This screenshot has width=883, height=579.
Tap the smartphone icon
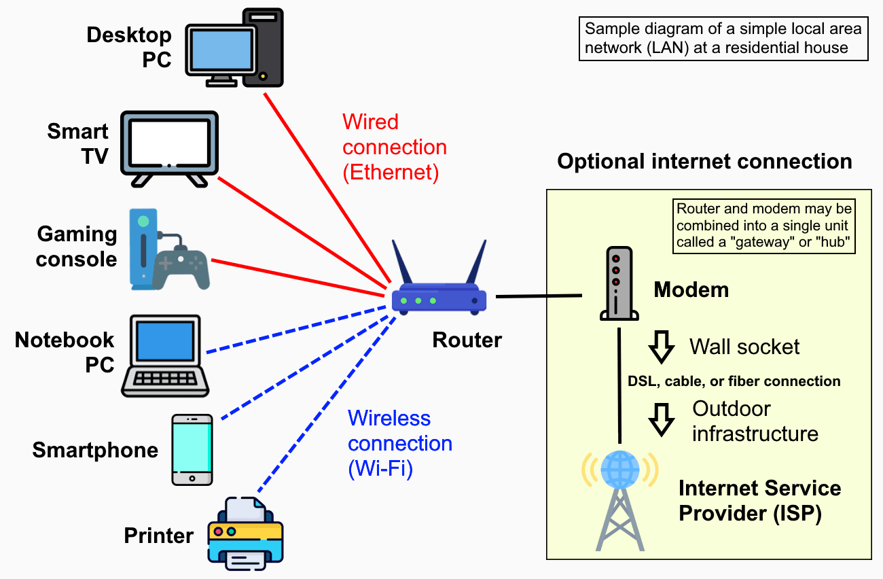192,449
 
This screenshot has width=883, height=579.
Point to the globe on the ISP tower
619,468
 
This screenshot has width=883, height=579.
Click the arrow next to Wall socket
661,347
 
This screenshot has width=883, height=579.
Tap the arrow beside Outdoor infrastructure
661,420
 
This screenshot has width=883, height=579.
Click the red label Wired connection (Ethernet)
394,147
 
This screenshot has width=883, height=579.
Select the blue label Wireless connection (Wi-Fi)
399,443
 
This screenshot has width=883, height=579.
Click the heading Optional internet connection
704,162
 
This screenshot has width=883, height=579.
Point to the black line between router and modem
539,296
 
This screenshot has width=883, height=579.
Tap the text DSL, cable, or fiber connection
734,381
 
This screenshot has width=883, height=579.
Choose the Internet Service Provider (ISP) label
759,500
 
